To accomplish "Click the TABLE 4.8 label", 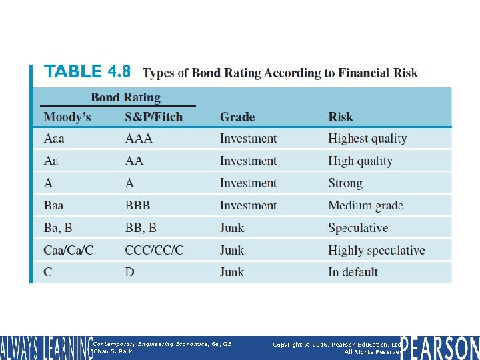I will [x=87, y=71].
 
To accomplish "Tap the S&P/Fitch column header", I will [x=153, y=117].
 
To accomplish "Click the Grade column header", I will [x=237, y=117].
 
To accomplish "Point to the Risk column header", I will [x=341, y=117].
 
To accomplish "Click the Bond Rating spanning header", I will [x=125, y=97].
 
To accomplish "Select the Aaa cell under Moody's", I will [x=54, y=139].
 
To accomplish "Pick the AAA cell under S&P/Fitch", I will [x=139, y=139].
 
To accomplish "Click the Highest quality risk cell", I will [x=367, y=139].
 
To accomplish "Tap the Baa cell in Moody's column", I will [x=54, y=205].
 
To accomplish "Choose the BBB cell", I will [x=138, y=205].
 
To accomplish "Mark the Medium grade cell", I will [x=365, y=205].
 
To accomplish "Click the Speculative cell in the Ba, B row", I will [x=358, y=228].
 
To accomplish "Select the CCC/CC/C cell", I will [x=154, y=251].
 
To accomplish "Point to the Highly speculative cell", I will [x=376, y=251].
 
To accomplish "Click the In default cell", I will [x=353, y=272].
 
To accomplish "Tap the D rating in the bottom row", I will [x=129, y=272].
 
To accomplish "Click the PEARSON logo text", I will [x=439, y=348].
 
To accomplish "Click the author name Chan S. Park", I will [x=113, y=351].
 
